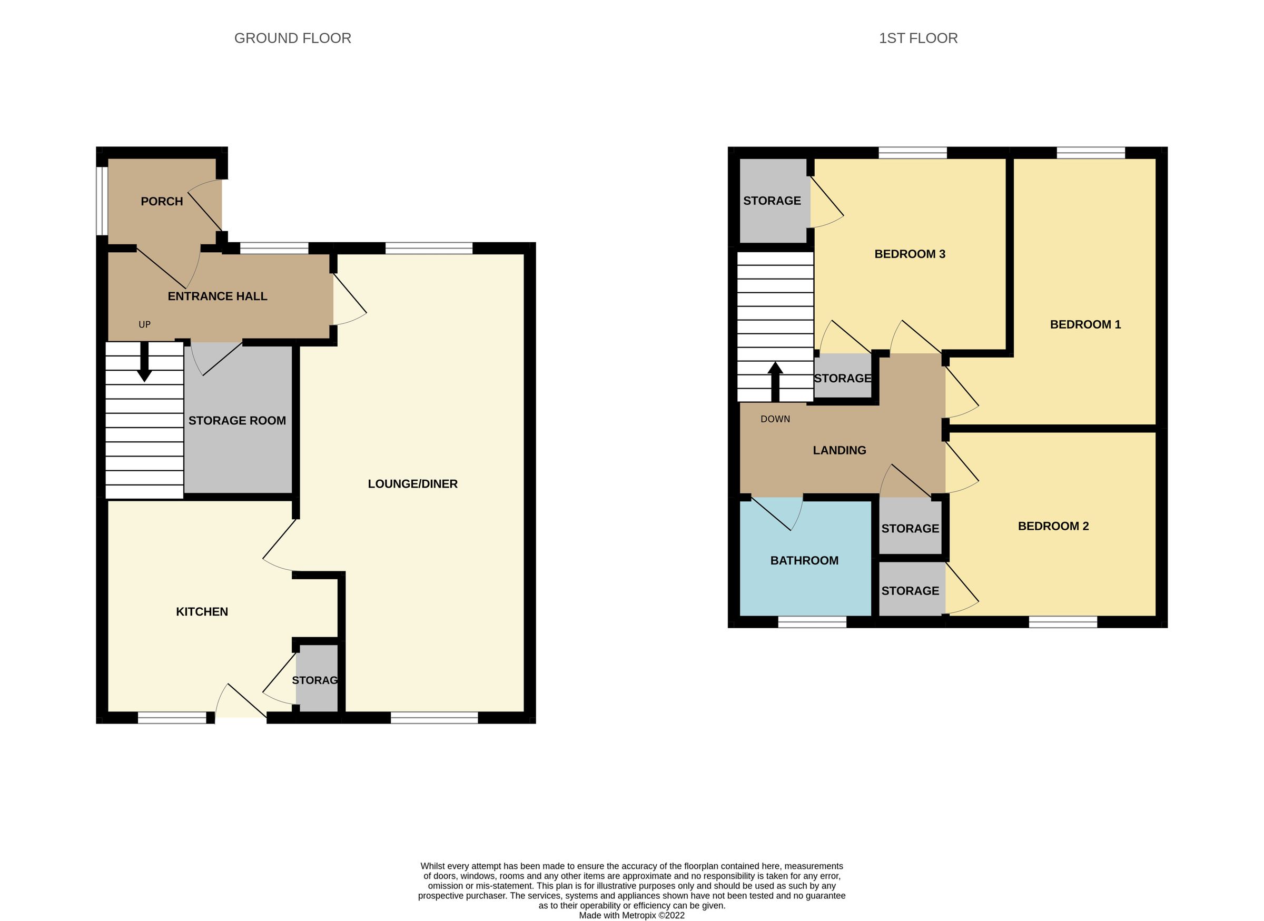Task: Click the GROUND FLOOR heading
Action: coord(292,38)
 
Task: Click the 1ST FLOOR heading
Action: coord(918,38)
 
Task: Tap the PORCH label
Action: coord(162,202)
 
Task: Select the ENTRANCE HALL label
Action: coord(218,296)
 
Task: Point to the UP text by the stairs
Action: coord(144,324)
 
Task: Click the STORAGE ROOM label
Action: coord(237,421)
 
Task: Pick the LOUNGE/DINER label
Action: coord(412,484)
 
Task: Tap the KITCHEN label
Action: coord(202,612)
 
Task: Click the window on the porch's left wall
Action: coord(102,201)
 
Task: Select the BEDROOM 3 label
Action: coord(910,254)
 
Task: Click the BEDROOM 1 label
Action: coord(1085,324)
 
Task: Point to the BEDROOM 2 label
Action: coord(1053,526)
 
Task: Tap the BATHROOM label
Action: coord(804,561)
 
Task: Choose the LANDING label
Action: coord(839,450)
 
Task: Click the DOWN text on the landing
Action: coord(775,419)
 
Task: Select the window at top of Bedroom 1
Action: coord(1090,153)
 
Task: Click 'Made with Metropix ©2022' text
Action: coord(631,915)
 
